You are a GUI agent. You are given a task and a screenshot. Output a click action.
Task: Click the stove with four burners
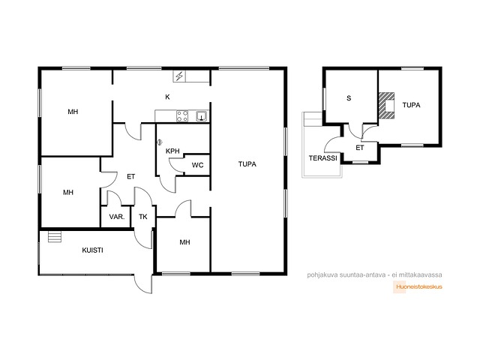click(182, 116)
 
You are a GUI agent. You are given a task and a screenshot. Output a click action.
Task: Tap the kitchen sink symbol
click(202, 116)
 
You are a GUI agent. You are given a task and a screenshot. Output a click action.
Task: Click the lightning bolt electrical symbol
click(179, 76)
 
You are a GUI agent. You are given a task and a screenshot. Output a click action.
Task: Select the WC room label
click(197, 165)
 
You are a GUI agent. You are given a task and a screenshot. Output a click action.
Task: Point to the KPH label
click(172, 151)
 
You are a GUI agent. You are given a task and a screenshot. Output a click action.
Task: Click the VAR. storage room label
click(117, 217)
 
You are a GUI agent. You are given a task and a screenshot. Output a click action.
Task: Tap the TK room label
click(143, 217)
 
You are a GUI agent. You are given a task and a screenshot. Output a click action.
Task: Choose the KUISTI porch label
click(92, 250)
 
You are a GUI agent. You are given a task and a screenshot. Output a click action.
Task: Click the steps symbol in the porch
click(55, 237)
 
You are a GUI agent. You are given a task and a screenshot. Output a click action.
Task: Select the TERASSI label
click(322, 158)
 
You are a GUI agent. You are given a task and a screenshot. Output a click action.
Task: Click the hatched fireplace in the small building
click(386, 106)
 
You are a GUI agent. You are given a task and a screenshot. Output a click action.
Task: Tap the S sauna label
click(349, 98)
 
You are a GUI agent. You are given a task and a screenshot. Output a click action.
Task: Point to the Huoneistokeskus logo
click(418, 286)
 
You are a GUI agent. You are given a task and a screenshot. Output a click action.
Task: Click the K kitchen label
click(167, 97)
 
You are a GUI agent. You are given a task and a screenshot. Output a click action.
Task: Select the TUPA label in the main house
click(247, 164)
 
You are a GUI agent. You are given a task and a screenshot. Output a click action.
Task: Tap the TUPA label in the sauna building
click(411, 105)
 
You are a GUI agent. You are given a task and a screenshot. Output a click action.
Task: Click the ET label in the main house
click(130, 177)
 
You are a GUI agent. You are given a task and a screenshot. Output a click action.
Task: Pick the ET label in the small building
click(360, 148)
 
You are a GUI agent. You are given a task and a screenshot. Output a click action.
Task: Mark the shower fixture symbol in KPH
click(160, 142)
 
